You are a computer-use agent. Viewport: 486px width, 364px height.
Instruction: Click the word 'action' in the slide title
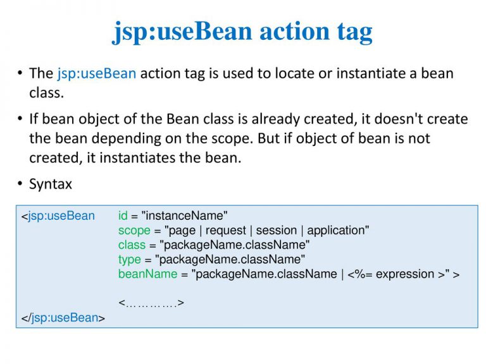tap(294, 31)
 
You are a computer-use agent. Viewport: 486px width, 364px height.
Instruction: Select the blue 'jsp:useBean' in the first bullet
tap(97, 75)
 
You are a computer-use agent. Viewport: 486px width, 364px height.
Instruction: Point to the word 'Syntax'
tap(51, 185)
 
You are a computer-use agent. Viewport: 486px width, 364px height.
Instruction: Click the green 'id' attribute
tap(123, 215)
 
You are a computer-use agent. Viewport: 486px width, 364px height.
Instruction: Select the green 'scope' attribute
tap(134, 231)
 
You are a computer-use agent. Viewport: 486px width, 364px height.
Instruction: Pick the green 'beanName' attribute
tap(148, 274)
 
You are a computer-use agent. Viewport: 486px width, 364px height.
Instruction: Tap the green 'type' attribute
tap(130, 260)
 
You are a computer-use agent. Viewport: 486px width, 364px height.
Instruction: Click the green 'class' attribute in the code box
tap(132, 245)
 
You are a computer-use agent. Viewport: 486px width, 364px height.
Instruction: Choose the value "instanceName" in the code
tap(184, 215)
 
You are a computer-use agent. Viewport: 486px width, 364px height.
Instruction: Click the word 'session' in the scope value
tap(277, 230)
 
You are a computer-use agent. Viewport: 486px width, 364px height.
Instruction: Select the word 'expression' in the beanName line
tap(405, 274)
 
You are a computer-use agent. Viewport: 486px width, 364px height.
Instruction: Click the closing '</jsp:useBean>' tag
tap(63, 318)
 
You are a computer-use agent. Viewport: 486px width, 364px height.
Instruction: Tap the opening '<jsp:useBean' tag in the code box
tap(58, 216)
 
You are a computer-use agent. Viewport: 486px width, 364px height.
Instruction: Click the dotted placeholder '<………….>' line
tap(151, 303)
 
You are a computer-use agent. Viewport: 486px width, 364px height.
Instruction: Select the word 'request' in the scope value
tap(226, 231)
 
